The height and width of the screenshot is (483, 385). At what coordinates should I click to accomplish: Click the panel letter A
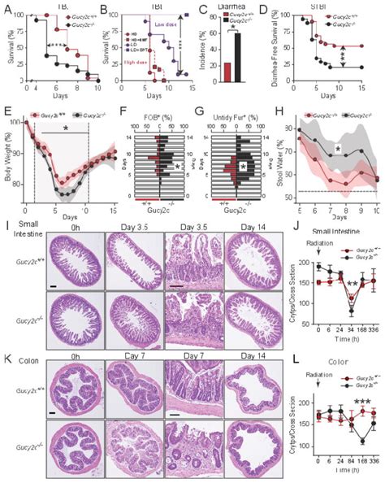pos(6,8)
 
